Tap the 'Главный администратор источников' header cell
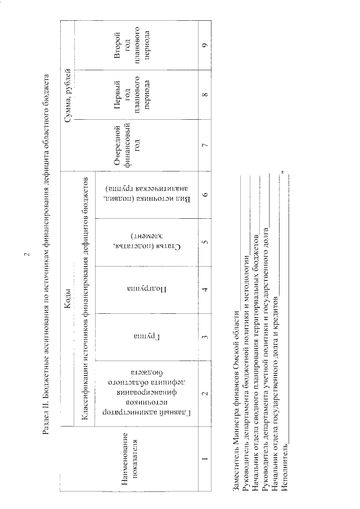tap(133, 393)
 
